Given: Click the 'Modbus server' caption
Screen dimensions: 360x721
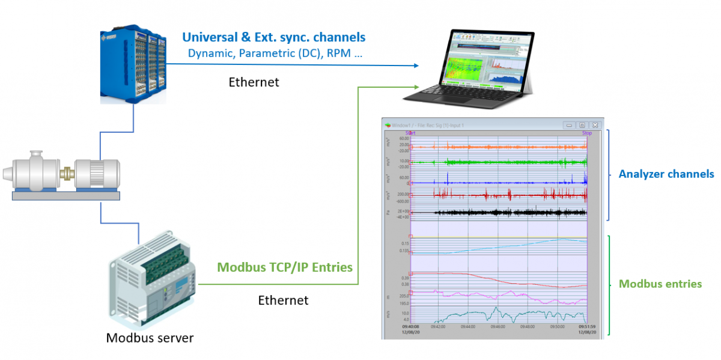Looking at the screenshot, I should point(150,338).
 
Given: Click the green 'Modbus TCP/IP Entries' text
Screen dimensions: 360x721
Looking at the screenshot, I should point(284,267).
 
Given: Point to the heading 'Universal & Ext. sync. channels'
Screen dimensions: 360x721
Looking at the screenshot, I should point(274,37).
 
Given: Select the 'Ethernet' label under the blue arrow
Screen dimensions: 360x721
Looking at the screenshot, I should point(254,82).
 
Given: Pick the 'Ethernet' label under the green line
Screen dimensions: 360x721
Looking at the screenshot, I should point(283,300).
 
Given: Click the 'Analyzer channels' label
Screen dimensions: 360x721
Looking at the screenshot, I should point(666,174).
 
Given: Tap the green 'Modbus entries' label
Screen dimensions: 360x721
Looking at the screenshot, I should point(660,284).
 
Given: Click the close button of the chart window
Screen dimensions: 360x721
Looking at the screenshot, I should point(595,125).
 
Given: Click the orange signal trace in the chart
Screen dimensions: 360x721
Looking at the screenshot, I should point(511,146).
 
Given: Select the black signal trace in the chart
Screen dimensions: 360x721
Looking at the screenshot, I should point(511,212).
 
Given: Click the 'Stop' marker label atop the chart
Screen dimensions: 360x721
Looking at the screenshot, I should point(586,133).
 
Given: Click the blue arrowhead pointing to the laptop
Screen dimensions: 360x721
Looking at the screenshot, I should point(416,66).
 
